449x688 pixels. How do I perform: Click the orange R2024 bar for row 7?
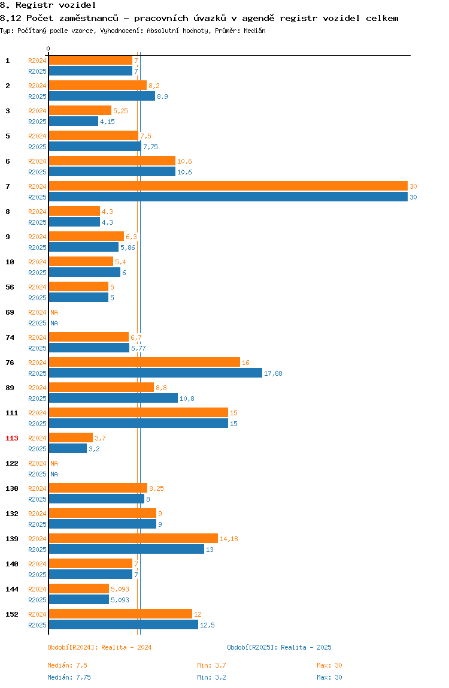pyautogui.click(x=228, y=186)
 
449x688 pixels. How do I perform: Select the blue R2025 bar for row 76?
pyautogui.click(x=155, y=373)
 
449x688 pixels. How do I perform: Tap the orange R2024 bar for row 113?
pyautogui.click(x=71, y=437)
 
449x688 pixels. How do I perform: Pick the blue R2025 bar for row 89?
pyautogui.click(x=113, y=398)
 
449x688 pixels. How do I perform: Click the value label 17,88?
pyautogui.click(x=273, y=373)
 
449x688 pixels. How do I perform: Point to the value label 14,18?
pyautogui.click(x=229, y=539)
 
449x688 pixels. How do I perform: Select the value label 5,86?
pyautogui.click(x=128, y=248)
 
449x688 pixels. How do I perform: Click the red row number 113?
pyautogui.click(x=12, y=438)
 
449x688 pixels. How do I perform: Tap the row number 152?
pyautogui.click(x=12, y=614)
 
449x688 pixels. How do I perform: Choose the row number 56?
pyautogui.click(x=10, y=287)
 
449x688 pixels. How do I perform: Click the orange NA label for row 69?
pyautogui.click(x=54, y=312)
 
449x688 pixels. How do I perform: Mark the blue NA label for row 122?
pyautogui.click(x=54, y=474)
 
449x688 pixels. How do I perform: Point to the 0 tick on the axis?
pyautogui.click(x=48, y=49)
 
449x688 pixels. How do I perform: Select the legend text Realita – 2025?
pyautogui.click(x=306, y=647)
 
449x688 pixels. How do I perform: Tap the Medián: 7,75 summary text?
pyautogui.click(x=69, y=677)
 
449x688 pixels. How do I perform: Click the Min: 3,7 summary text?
pyautogui.click(x=212, y=665)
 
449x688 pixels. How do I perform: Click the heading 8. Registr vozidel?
pyautogui.click(x=48, y=5)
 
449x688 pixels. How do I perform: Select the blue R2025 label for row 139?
pyautogui.click(x=37, y=550)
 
